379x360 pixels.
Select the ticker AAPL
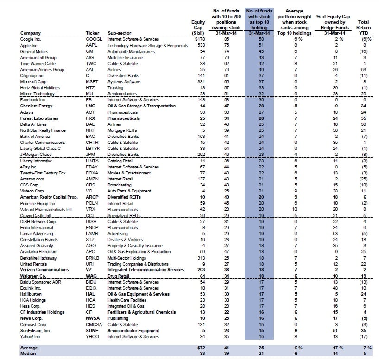tap(92, 45)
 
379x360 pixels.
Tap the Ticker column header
tap(93, 33)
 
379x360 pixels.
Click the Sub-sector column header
tap(120, 33)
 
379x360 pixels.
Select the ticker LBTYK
tap(94, 149)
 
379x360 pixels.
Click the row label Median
tap(28, 354)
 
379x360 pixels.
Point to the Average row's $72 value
tap(200, 347)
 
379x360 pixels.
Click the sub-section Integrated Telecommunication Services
tap(145, 270)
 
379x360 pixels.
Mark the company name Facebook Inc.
tap(32, 100)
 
